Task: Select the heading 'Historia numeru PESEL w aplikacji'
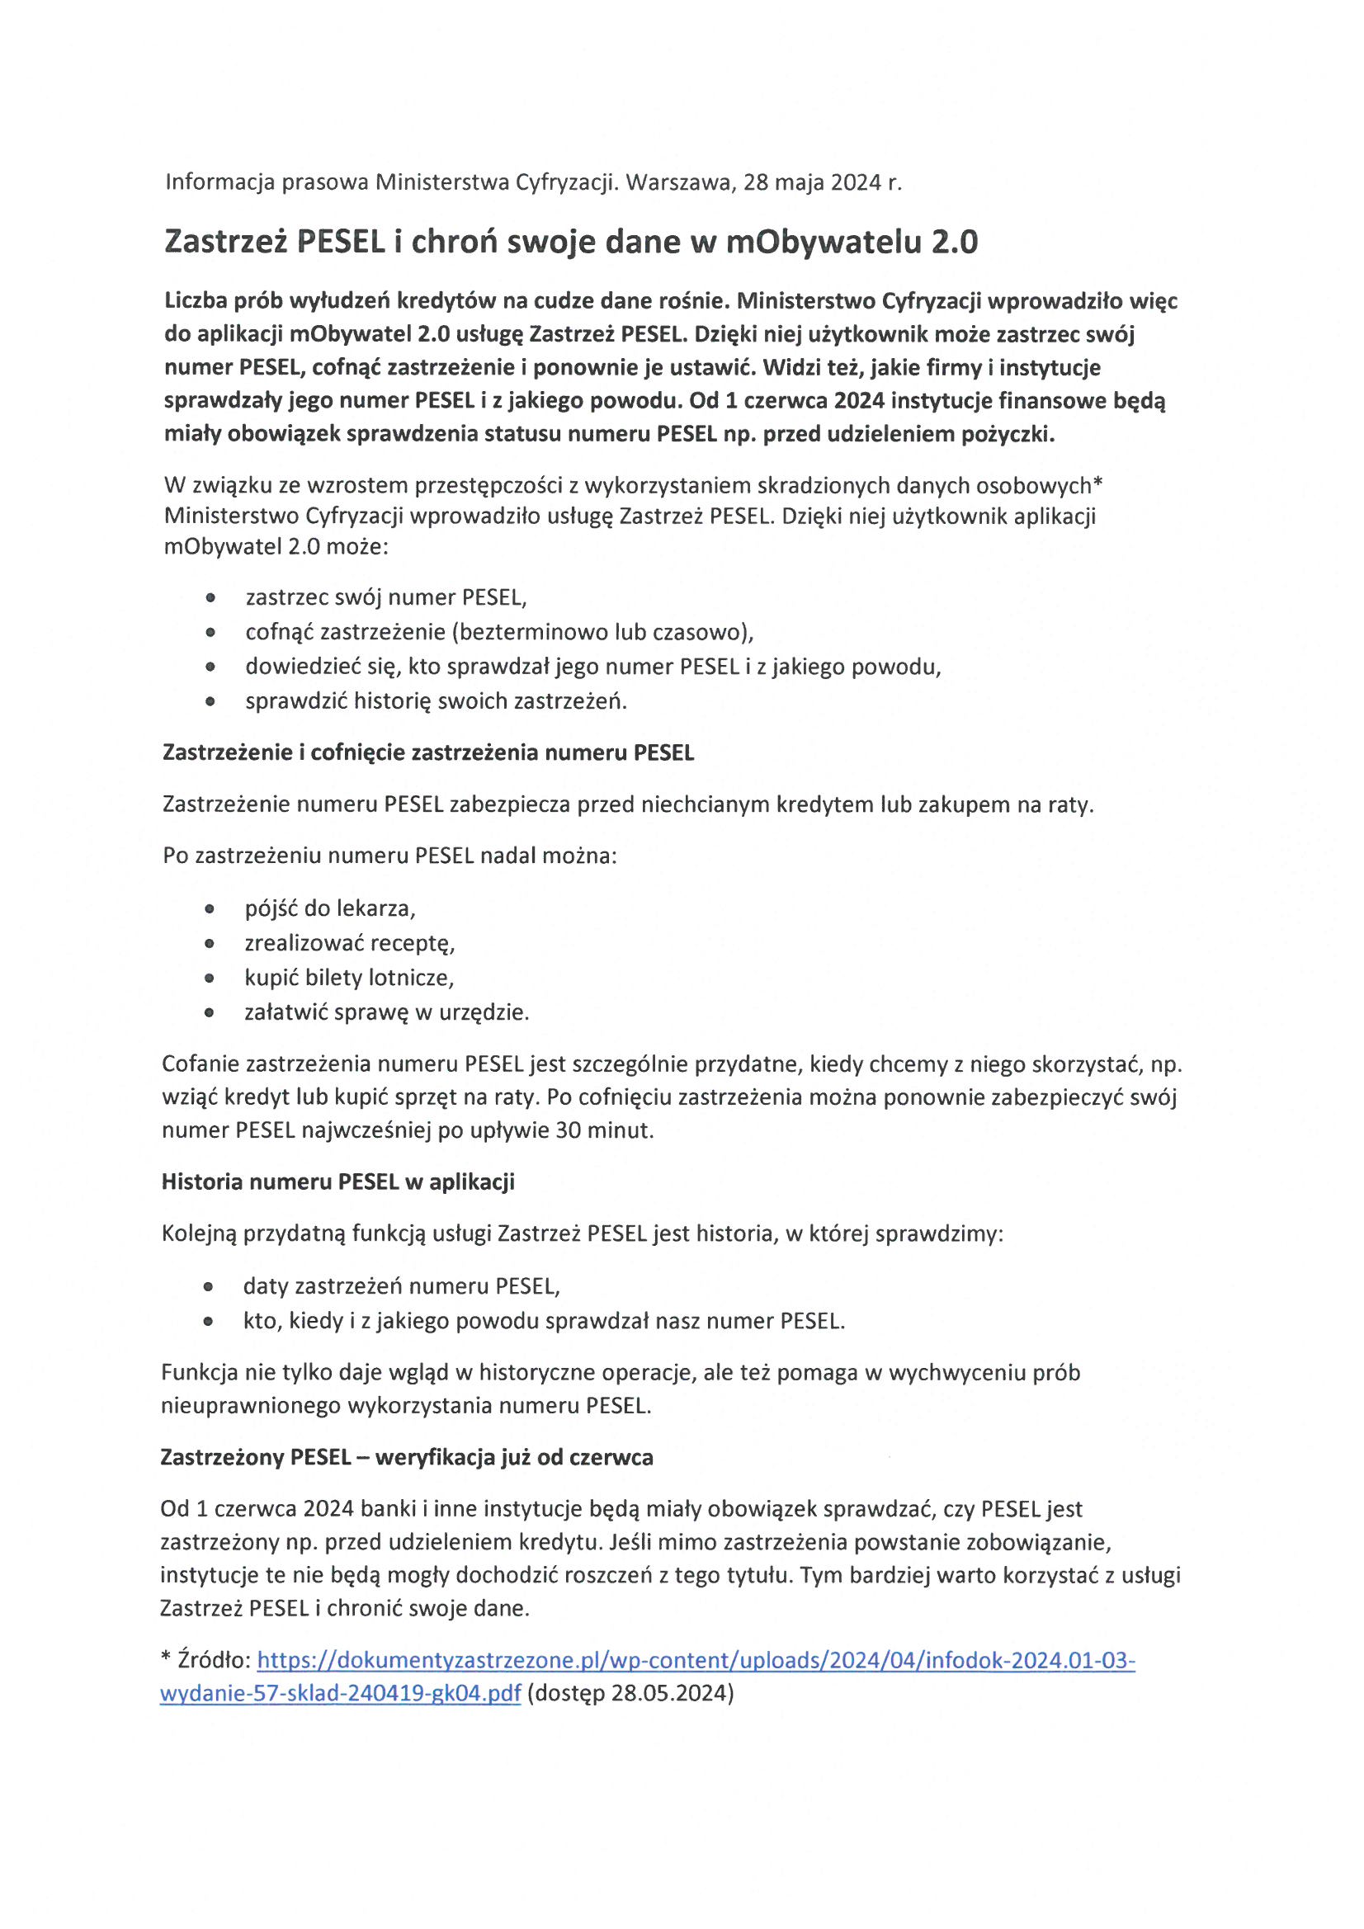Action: coord(337,1181)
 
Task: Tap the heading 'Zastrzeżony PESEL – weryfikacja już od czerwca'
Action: coord(407,1456)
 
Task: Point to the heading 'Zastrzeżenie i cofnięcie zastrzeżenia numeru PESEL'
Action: coord(428,752)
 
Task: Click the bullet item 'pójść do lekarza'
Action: coord(330,908)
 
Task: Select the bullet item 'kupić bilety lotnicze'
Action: coord(349,977)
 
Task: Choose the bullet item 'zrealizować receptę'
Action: coord(350,943)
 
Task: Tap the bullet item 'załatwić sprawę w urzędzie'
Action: coord(387,1012)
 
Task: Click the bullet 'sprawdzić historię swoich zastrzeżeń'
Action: coord(437,700)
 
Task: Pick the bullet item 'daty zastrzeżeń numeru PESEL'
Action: coord(402,1285)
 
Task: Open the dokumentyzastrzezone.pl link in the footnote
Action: coord(695,1660)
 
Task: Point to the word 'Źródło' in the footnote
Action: coord(214,1660)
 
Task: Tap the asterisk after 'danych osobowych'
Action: coord(1097,485)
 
